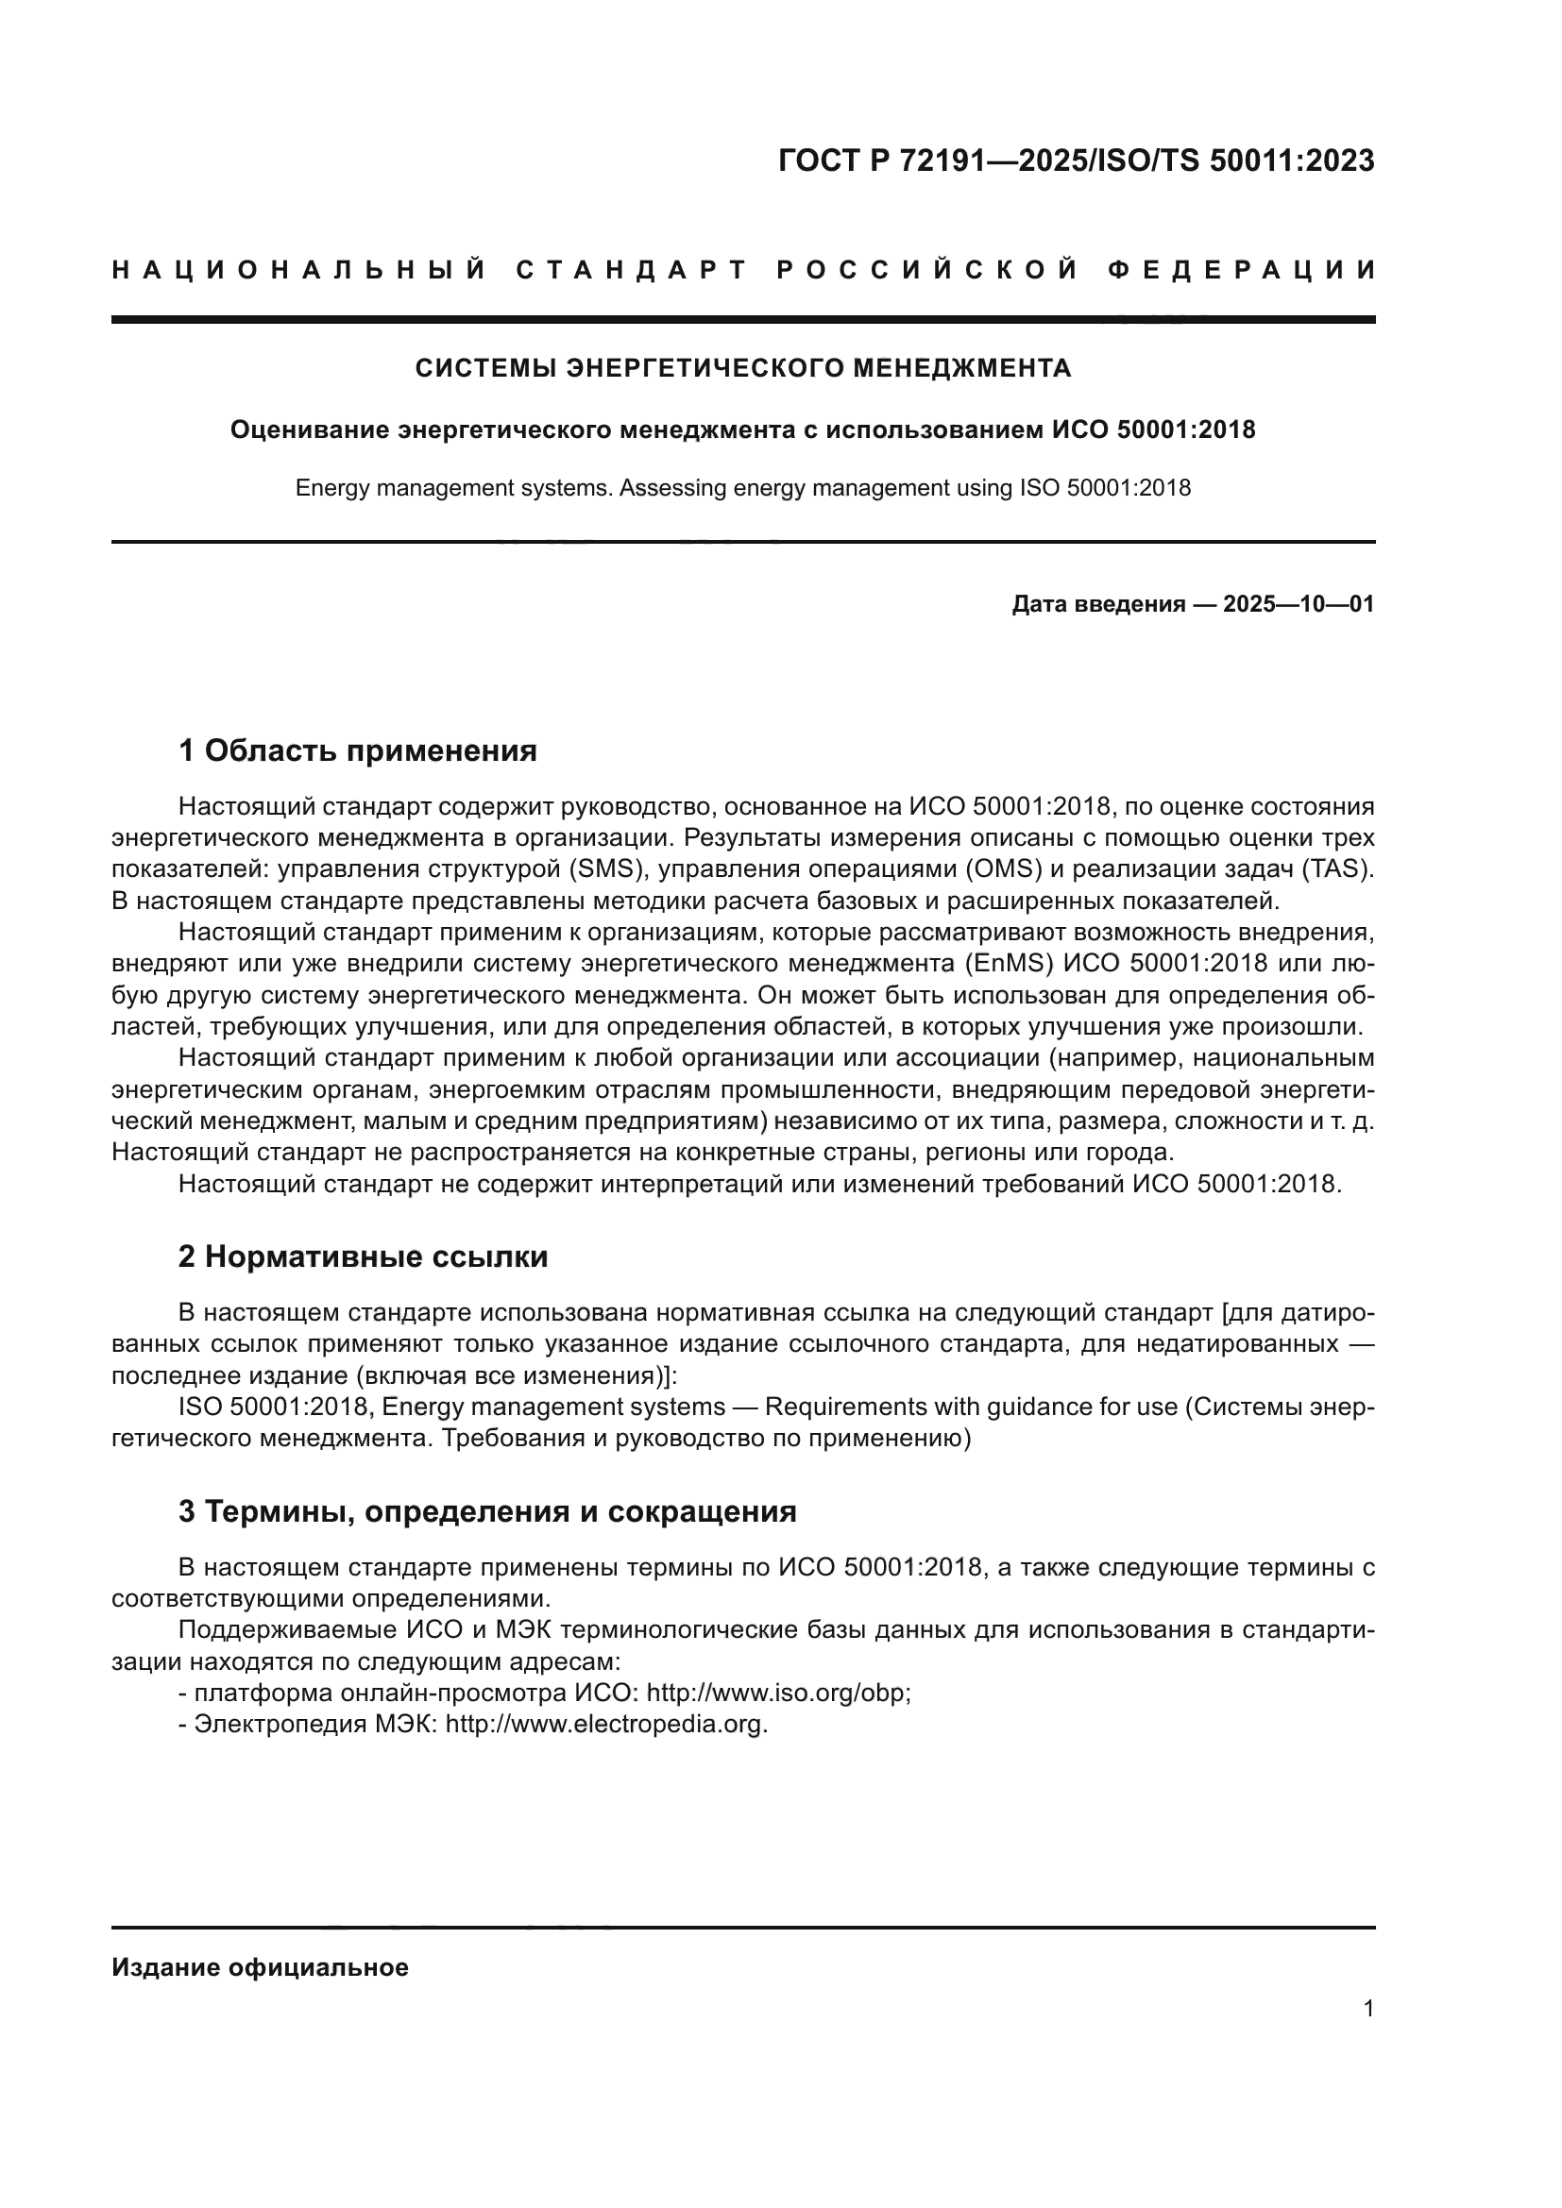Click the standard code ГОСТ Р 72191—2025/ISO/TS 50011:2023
pos(1076,160)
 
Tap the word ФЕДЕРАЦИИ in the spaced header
pos(1241,270)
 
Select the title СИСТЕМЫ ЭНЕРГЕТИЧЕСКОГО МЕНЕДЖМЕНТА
pos(742,368)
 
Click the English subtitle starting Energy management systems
pos(742,489)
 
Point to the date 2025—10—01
pos(1299,605)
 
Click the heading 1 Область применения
pos(358,751)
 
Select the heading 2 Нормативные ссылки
pos(363,1256)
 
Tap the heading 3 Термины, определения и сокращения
pos(486,1511)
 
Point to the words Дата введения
pos(1097,605)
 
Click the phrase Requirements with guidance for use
pos(971,1407)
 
